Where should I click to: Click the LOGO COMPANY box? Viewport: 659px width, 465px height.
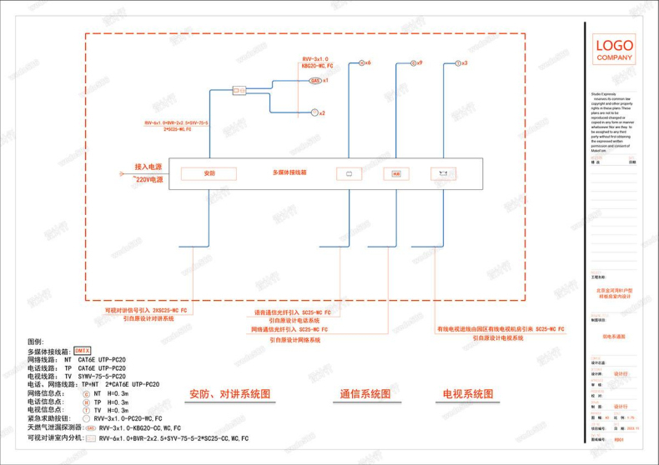pos(613,49)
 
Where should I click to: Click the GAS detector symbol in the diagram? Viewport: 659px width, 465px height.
pos(314,81)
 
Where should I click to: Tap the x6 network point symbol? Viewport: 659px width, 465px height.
pos(360,62)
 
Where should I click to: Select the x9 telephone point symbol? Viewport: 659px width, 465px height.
pos(411,62)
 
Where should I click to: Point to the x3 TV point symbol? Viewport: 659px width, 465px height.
pos(456,62)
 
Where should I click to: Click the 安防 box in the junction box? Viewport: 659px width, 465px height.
pos(209,173)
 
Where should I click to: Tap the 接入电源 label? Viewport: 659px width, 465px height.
pos(148,167)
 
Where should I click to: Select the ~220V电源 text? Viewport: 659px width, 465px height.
pos(148,178)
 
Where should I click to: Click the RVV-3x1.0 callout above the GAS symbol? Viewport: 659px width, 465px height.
pos(317,59)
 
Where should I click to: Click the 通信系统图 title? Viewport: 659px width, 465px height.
pos(365,393)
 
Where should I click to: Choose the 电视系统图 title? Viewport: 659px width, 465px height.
pos(468,393)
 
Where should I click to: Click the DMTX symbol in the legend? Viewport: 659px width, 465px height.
pos(82,351)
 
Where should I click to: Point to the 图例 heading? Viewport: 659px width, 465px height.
pos(35,342)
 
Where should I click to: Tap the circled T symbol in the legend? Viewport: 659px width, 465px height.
pos(85,410)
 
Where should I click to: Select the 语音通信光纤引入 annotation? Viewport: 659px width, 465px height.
pos(292,312)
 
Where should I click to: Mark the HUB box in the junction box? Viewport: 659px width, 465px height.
pos(396,174)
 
